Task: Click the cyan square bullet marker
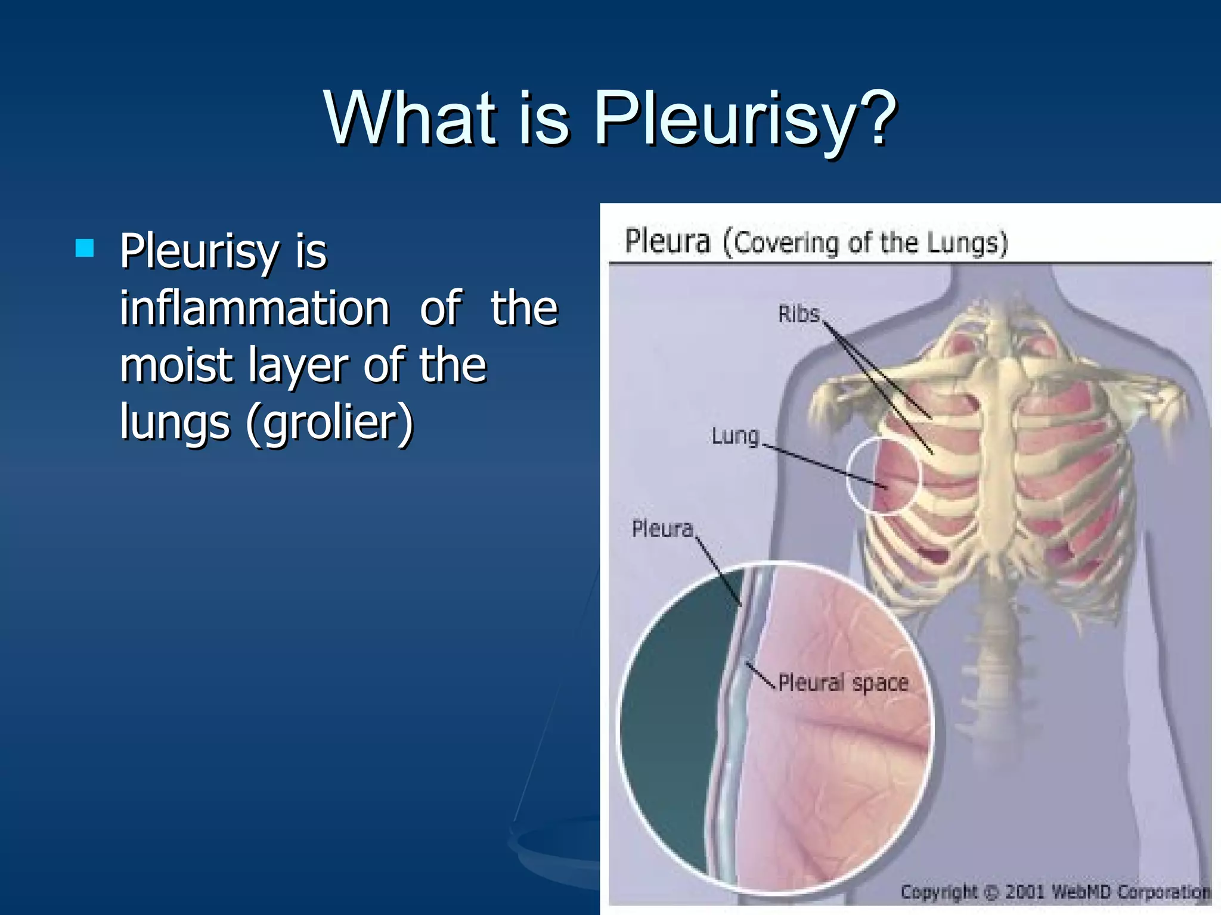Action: pyautogui.click(x=85, y=247)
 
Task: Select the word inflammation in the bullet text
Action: pyautogui.click(x=255, y=308)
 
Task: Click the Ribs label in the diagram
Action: pyautogui.click(x=799, y=314)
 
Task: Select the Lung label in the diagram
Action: pyautogui.click(x=735, y=436)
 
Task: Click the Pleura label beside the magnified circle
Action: pyautogui.click(x=662, y=528)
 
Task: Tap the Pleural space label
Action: pyautogui.click(x=843, y=683)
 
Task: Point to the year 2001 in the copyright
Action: pyautogui.click(x=1025, y=892)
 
